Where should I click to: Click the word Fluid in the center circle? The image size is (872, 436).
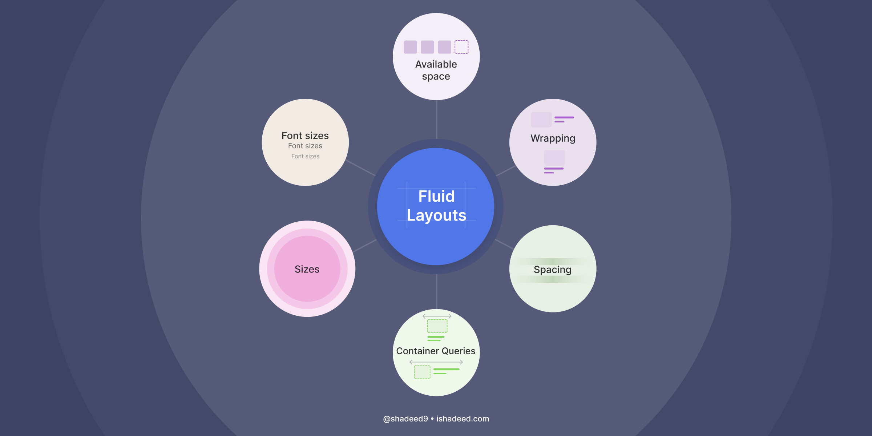click(436, 197)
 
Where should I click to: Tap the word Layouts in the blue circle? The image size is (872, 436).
click(436, 215)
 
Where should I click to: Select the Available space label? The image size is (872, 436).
click(436, 70)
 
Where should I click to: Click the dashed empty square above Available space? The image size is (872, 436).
click(461, 47)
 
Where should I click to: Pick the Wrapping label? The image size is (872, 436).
click(553, 138)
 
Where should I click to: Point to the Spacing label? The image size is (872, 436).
click(552, 270)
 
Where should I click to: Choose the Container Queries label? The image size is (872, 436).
click(436, 351)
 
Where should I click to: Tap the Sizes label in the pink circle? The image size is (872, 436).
click(307, 269)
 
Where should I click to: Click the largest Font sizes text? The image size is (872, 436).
click(305, 136)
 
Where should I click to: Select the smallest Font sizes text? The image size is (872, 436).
click(305, 156)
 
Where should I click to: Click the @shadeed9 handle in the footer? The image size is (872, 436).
click(405, 419)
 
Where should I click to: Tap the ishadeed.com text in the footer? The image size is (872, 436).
click(463, 419)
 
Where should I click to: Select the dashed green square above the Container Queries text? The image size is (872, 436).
click(437, 326)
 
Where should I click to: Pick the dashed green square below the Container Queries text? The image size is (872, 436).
click(422, 372)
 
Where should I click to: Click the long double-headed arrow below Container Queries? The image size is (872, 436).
click(436, 362)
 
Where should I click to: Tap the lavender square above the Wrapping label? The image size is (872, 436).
click(541, 120)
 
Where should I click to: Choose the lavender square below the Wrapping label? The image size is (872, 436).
click(554, 158)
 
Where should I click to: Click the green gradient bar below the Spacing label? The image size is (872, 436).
click(552, 279)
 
